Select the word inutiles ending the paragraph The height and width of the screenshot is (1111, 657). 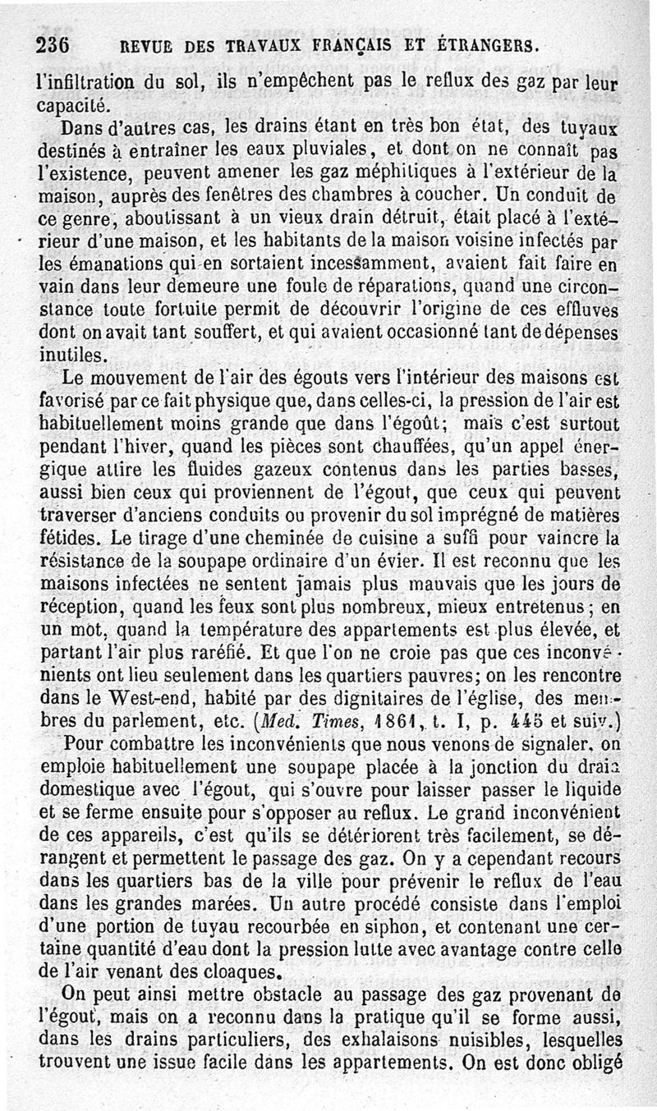pos(71,356)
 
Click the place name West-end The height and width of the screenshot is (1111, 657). pos(133,700)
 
